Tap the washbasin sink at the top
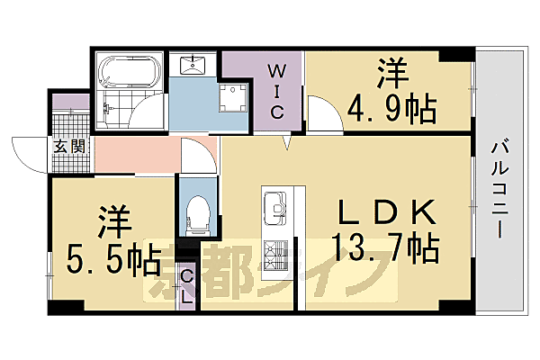click(x=194, y=65)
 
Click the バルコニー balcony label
click(x=500, y=189)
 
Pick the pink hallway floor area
click(x=135, y=155)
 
